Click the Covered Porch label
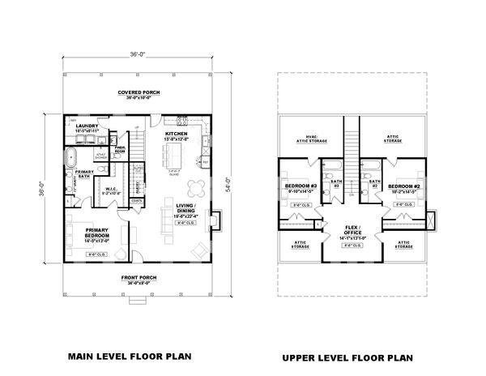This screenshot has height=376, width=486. click(137, 93)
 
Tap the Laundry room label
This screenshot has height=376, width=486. click(87, 127)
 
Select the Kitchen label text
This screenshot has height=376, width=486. click(177, 134)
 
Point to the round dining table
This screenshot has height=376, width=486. click(196, 189)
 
